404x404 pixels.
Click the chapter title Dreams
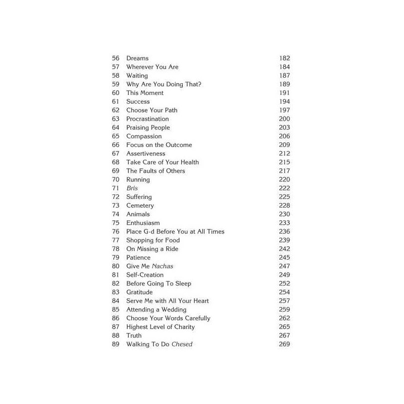click(x=137, y=59)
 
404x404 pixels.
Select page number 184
click(x=285, y=67)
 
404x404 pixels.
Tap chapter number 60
click(x=116, y=93)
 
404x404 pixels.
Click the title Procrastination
click(x=147, y=119)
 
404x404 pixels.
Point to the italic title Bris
click(x=132, y=188)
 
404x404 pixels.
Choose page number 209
click(x=285, y=145)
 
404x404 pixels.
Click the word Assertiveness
click(x=145, y=154)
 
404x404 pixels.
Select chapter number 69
click(x=116, y=171)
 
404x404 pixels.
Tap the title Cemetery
click(x=140, y=206)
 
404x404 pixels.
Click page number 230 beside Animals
click(x=285, y=214)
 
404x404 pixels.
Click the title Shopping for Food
click(x=153, y=240)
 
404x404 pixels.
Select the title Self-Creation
click(x=145, y=275)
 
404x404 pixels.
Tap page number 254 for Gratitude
click(x=285, y=292)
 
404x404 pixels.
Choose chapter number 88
click(x=116, y=335)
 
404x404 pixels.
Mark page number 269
click(x=285, y=344)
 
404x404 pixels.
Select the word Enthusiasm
click(x=143, y=223)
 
